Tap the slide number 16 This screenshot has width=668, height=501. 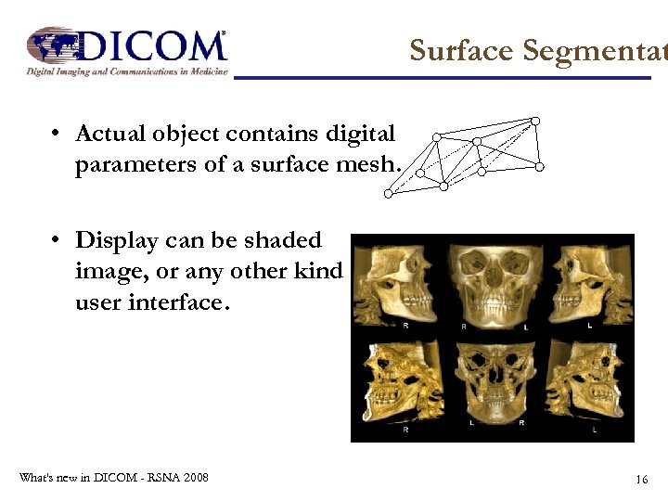point(641,479)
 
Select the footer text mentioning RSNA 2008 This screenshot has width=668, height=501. point(113,478)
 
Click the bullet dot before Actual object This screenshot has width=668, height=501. point(57,134)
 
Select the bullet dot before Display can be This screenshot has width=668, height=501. point(57,240)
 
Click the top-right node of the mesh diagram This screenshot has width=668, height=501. point(535,121)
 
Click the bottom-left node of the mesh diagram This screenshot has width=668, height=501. point(389,194)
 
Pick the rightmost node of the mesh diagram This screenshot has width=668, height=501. point(540,167)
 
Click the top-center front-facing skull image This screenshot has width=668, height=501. point(493,283)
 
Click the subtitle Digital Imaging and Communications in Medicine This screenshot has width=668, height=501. point(126,71)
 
